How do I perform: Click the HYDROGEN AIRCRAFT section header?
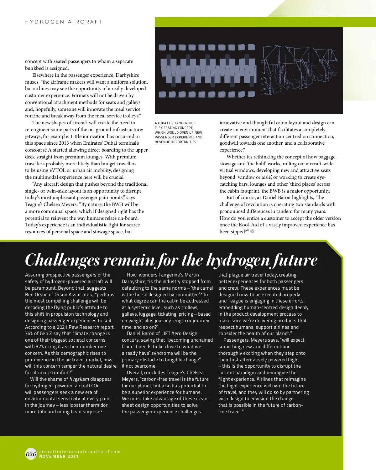pos(64,22)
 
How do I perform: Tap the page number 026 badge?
pos(31,454)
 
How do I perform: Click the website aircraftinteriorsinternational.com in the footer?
pos(80,452)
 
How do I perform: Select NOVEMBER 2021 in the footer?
pos(59,457)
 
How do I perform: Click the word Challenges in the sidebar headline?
pos(62,260)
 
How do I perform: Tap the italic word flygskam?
pos(79,379)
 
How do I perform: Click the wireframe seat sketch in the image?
pos(299,70)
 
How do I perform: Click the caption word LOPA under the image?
pos(162,123)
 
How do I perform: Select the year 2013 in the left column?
pos(64,143)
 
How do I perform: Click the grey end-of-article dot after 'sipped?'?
pos(253,231)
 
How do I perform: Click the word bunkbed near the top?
pos(35,68)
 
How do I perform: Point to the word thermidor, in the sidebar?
pos(95,405)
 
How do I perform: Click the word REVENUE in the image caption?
pos(162,142)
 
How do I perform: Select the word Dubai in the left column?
pos(112,143)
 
